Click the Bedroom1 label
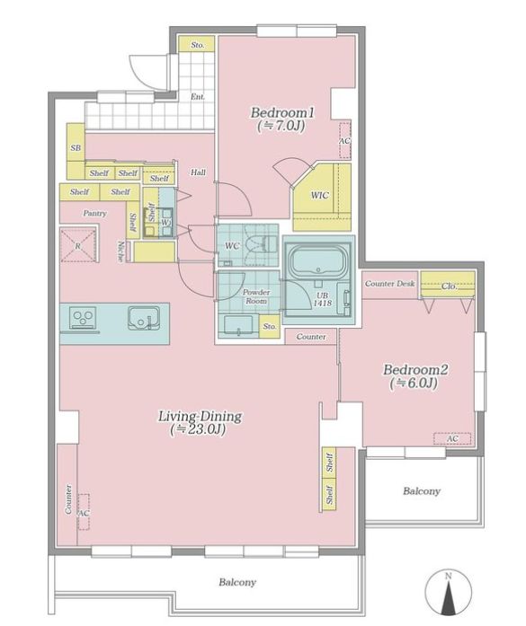(282, 112)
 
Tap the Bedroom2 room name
(415, 369)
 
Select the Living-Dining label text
(201, 417)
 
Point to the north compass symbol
(448, 592)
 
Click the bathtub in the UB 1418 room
(318, 260)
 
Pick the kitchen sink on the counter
(144, 318)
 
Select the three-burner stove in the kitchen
(84, 317)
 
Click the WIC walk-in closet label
(320, 195)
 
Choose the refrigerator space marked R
(79, 245)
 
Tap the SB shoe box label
(76, 147)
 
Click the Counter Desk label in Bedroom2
(389, 284)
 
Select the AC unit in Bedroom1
(344, 140)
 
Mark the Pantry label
(94, 213)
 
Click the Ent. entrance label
(198, 97)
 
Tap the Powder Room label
(256, 296)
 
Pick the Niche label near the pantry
(120, 251)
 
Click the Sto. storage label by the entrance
(197, 45)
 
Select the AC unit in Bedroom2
(452, 439)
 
